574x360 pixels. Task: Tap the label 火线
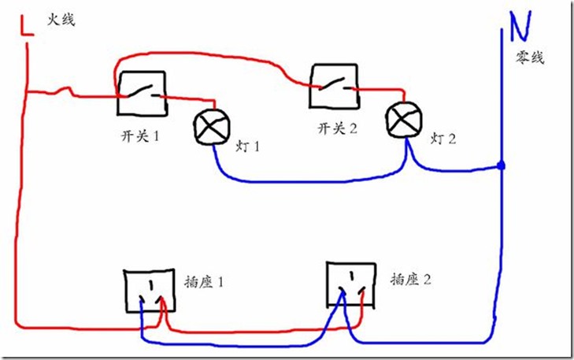tap(61, 20)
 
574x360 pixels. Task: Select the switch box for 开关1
tap(142, 93)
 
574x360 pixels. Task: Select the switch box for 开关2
tap(332, 86)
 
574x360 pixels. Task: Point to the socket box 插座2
tap(351, 284)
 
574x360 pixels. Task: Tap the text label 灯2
tap(443, 139)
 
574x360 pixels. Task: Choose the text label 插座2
tap(410, 279)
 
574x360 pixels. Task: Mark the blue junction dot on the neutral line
tap(501, 167)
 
